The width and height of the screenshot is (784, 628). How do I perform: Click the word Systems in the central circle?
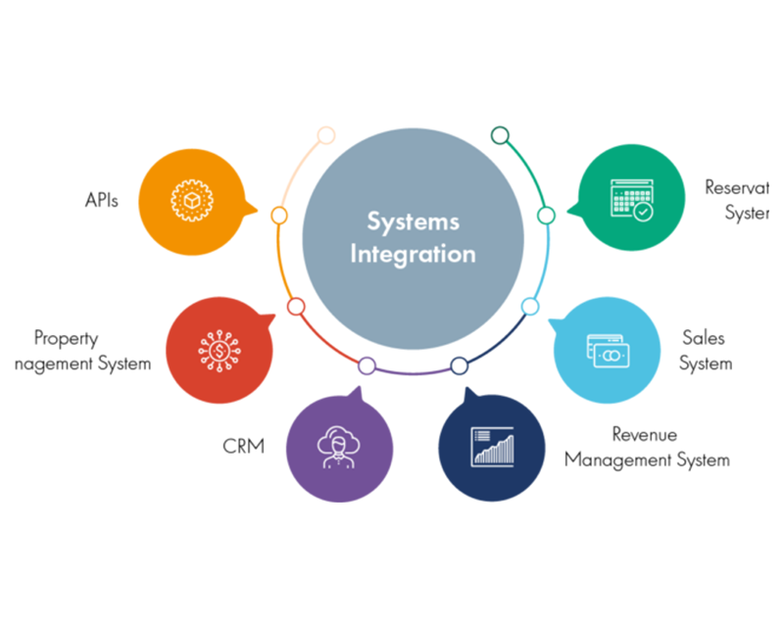pos(413,221)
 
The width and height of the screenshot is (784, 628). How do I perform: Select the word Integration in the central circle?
pos(413,254)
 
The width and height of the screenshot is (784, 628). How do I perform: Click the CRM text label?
pos(243,447)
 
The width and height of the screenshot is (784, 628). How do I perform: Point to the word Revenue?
pos(644,434)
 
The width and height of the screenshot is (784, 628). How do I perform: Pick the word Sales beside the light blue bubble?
pos(704,338)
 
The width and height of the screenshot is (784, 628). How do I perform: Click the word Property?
pos(66,339)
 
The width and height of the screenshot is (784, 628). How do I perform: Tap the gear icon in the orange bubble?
pos(190,201)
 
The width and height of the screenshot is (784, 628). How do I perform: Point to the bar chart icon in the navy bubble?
pos(492,446)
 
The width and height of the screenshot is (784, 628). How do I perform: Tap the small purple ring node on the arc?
pos(367,365)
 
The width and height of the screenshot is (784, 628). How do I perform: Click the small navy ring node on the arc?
pos(459,365)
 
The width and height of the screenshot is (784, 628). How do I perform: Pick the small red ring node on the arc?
pos(296,307)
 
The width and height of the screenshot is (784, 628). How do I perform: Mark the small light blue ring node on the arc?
pos(529,307)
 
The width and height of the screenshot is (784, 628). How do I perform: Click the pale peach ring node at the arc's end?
pos(326,135)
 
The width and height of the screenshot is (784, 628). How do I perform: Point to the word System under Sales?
pos(706,363)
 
